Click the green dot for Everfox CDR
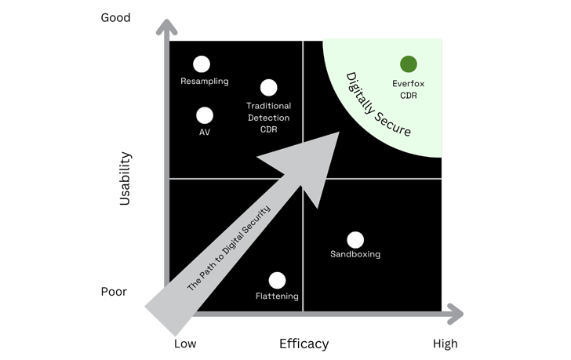coord(409,64)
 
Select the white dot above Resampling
coord(202,64)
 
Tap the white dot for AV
coord(205,115)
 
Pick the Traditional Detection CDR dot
coord(268,88)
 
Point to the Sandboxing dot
coord(355,240)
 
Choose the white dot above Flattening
coord(277,280)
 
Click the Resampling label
coord(205,81)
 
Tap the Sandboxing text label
coord(355,254)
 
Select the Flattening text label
coord(277,296)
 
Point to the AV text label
coord(205,133)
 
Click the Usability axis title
coord(125,179)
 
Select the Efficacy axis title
coord(304,344)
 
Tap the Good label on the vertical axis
coord(115,17)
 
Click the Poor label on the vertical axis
coord(114,292)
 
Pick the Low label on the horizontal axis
coord(185,344)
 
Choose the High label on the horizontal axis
coord(445,344)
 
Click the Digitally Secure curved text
coord(377,104)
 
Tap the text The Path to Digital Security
coord(228,248)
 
